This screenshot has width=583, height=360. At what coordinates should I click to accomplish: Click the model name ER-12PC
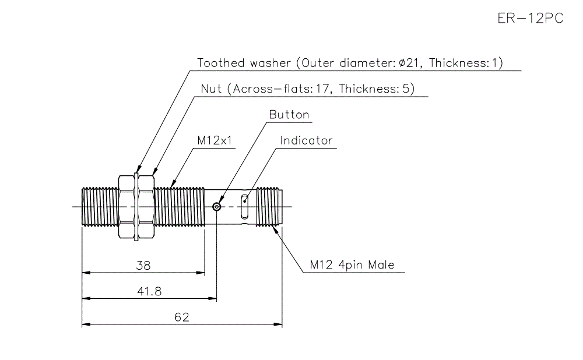click(x=530, y=18)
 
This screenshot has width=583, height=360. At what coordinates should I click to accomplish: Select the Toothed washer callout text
click(x=350, y=63)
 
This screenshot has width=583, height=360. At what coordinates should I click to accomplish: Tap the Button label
click(x=289, y=115)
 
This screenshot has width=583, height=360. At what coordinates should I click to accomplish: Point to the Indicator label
click(x=306, y=140)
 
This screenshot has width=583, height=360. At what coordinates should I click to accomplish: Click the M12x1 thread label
click(x=214, y=140)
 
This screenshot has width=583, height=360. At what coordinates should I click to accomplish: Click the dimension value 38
click(x=143, y=266)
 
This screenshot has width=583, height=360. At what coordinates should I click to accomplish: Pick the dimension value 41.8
click(x=149, y=291)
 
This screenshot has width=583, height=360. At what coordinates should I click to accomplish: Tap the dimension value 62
click(x=182, y=317)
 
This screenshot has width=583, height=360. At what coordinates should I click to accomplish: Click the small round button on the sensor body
click(x=217, y=206)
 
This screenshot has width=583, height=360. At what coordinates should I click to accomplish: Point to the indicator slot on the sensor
click(x=245, y=206)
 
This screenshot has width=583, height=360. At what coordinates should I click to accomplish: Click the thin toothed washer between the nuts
click(x=135, y=206)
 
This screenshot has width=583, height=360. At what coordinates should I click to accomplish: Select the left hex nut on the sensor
click(x=126, y=206)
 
